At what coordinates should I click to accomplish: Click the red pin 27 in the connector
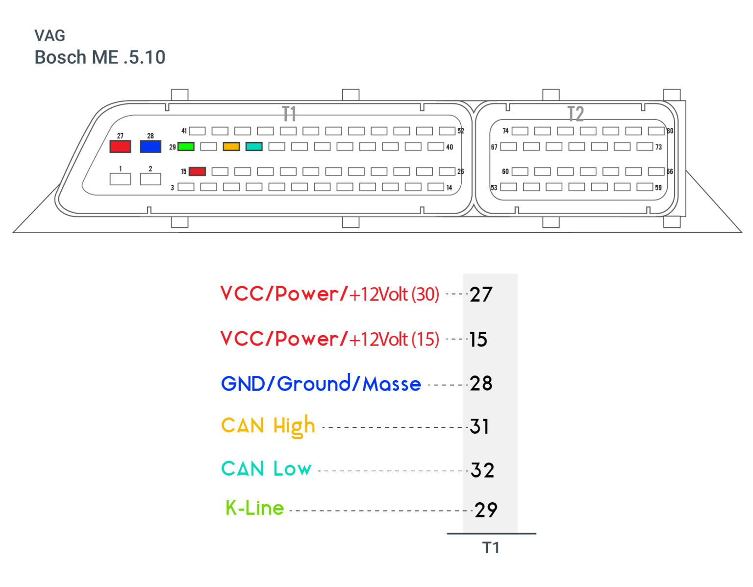point(120,146)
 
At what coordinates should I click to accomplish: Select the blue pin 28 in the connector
point(151,146)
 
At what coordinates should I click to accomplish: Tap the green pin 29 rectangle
point(186,147)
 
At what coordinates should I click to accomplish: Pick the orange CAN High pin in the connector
point(231,147)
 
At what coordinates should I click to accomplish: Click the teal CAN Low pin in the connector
point(254,147)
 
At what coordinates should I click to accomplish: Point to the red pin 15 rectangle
point(197,171)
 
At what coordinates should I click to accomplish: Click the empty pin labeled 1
point(120,179)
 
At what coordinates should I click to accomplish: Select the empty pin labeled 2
point(151,179)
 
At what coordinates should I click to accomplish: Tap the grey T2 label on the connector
point(576,114)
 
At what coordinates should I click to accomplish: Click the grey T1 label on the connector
point(289,114)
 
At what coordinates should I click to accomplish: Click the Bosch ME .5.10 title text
point(100,57)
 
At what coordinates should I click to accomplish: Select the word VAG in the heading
point(50,35)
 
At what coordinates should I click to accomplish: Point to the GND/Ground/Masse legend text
point(321,384)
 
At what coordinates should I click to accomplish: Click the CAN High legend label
point(268,426)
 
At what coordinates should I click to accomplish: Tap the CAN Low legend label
point(266,469)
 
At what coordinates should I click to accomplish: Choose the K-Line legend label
point(255,508)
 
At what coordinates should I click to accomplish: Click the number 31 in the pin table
point(479,427)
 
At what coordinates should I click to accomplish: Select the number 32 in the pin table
point(482,470)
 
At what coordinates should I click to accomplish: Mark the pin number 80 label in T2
point(670,131)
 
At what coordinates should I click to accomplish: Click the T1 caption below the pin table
point(491,548)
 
